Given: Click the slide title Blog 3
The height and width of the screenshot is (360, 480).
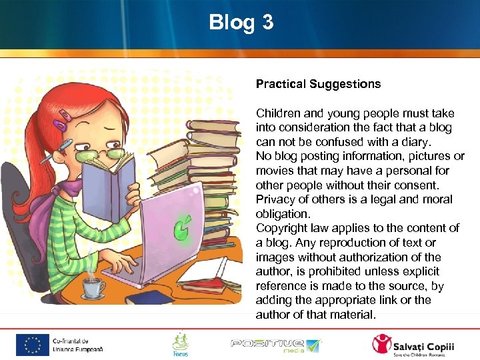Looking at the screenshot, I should tap(241, 23).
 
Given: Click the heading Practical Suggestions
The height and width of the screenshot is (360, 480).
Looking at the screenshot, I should tap(318, 84).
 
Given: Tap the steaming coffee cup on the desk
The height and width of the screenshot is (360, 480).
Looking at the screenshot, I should tap(93, 286).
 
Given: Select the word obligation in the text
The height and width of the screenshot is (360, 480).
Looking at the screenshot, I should tap(282, 214).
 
